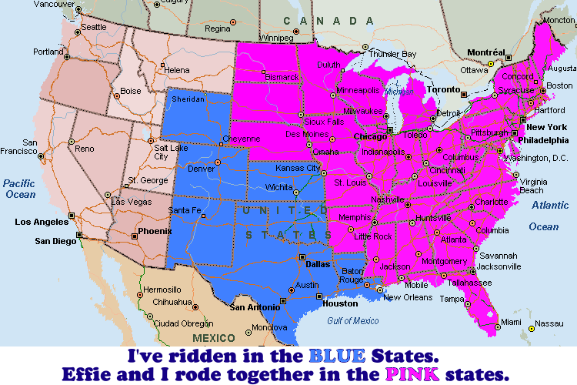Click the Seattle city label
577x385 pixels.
pos(94,27)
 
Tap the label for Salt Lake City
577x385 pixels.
pos(162,152)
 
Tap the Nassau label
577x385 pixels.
pos(549,323)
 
